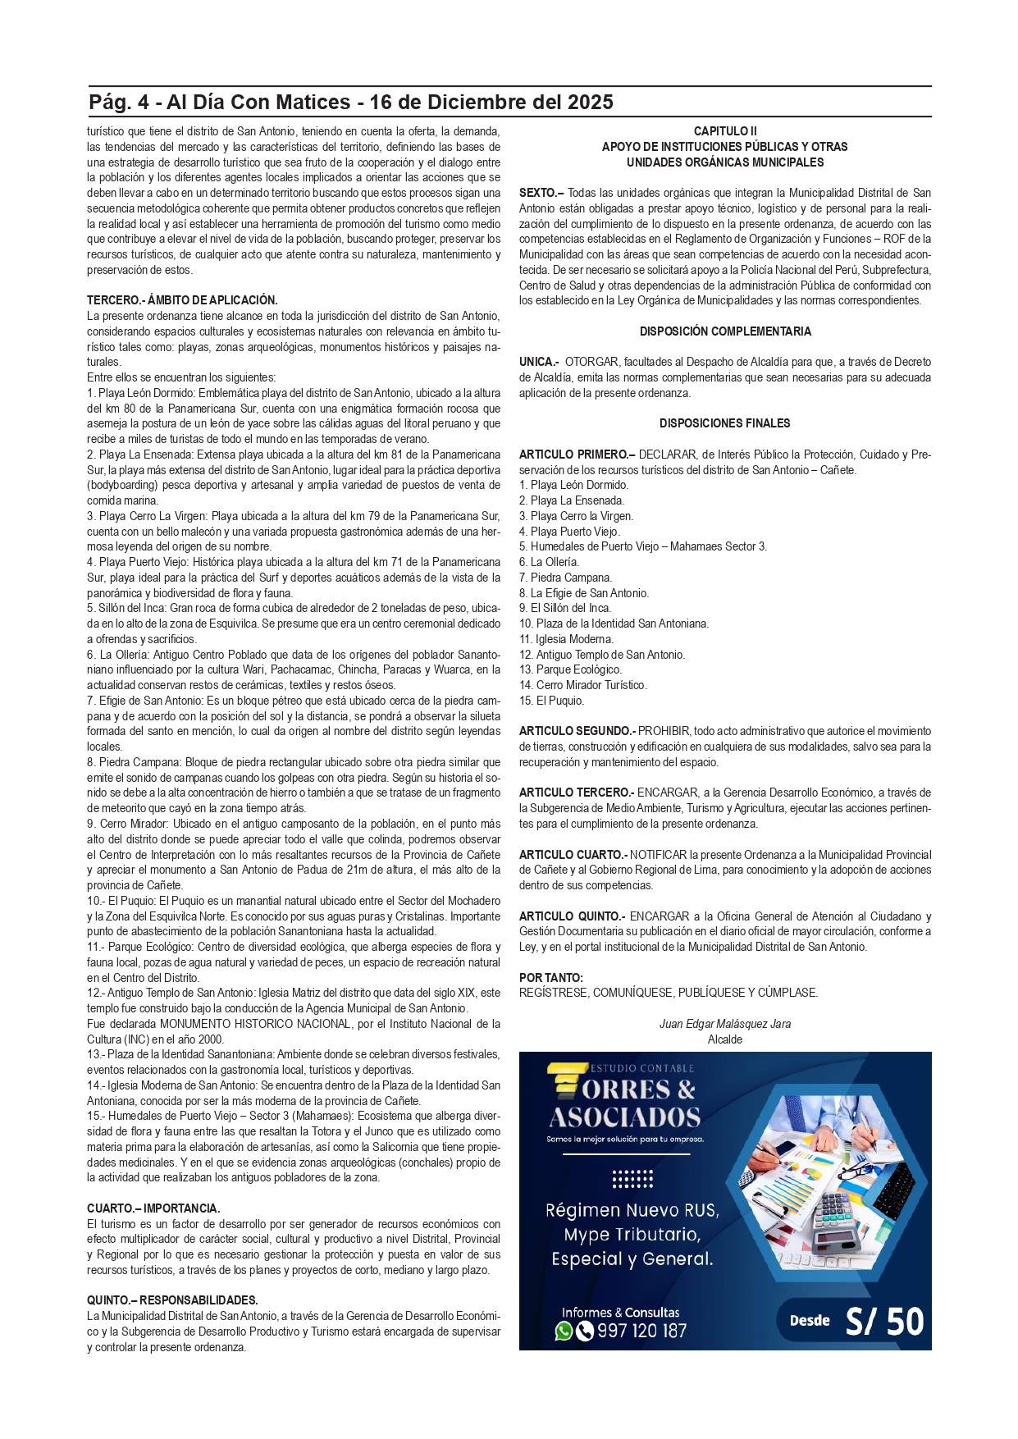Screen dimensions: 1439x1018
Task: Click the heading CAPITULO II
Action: click(724, 131)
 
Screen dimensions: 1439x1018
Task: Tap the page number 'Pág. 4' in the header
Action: click(119, 103)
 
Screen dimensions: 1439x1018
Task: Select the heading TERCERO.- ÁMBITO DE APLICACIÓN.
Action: click(182, 300)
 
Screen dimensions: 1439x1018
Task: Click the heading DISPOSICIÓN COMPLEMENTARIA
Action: click(724, 331)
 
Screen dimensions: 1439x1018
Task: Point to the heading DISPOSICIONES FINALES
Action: click(724, 423)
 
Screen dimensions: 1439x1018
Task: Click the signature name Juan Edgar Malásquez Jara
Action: click(724, 1024)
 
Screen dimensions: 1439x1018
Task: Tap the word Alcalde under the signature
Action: click(724, 1039)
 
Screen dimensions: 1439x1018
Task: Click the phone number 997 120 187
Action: click(641, 1331)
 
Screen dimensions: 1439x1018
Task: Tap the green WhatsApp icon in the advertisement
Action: click(564, 1331)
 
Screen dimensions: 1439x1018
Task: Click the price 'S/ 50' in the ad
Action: click(884, 1321)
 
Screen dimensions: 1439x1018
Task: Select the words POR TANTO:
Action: click(551, 978)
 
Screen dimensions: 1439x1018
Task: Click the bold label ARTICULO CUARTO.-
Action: click(573, 855)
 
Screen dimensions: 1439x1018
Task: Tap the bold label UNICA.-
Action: click(539, 362)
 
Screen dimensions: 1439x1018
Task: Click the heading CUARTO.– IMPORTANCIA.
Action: click(153, 1208)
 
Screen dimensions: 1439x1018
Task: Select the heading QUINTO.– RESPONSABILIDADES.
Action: click(172, 1300)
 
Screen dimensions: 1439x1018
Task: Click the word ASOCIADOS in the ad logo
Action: click(625, 1117)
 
